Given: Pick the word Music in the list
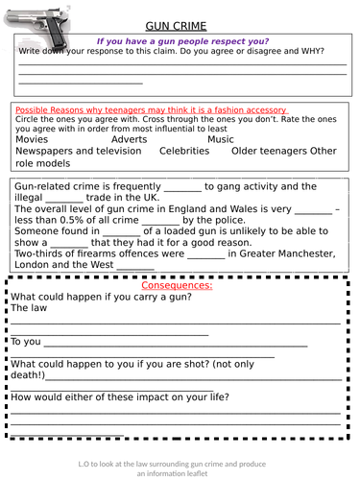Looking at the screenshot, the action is click(220, 139).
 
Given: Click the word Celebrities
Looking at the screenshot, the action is click(184, 151).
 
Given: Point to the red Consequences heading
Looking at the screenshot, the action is click(177, 286).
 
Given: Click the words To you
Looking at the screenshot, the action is click(26, 341).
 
